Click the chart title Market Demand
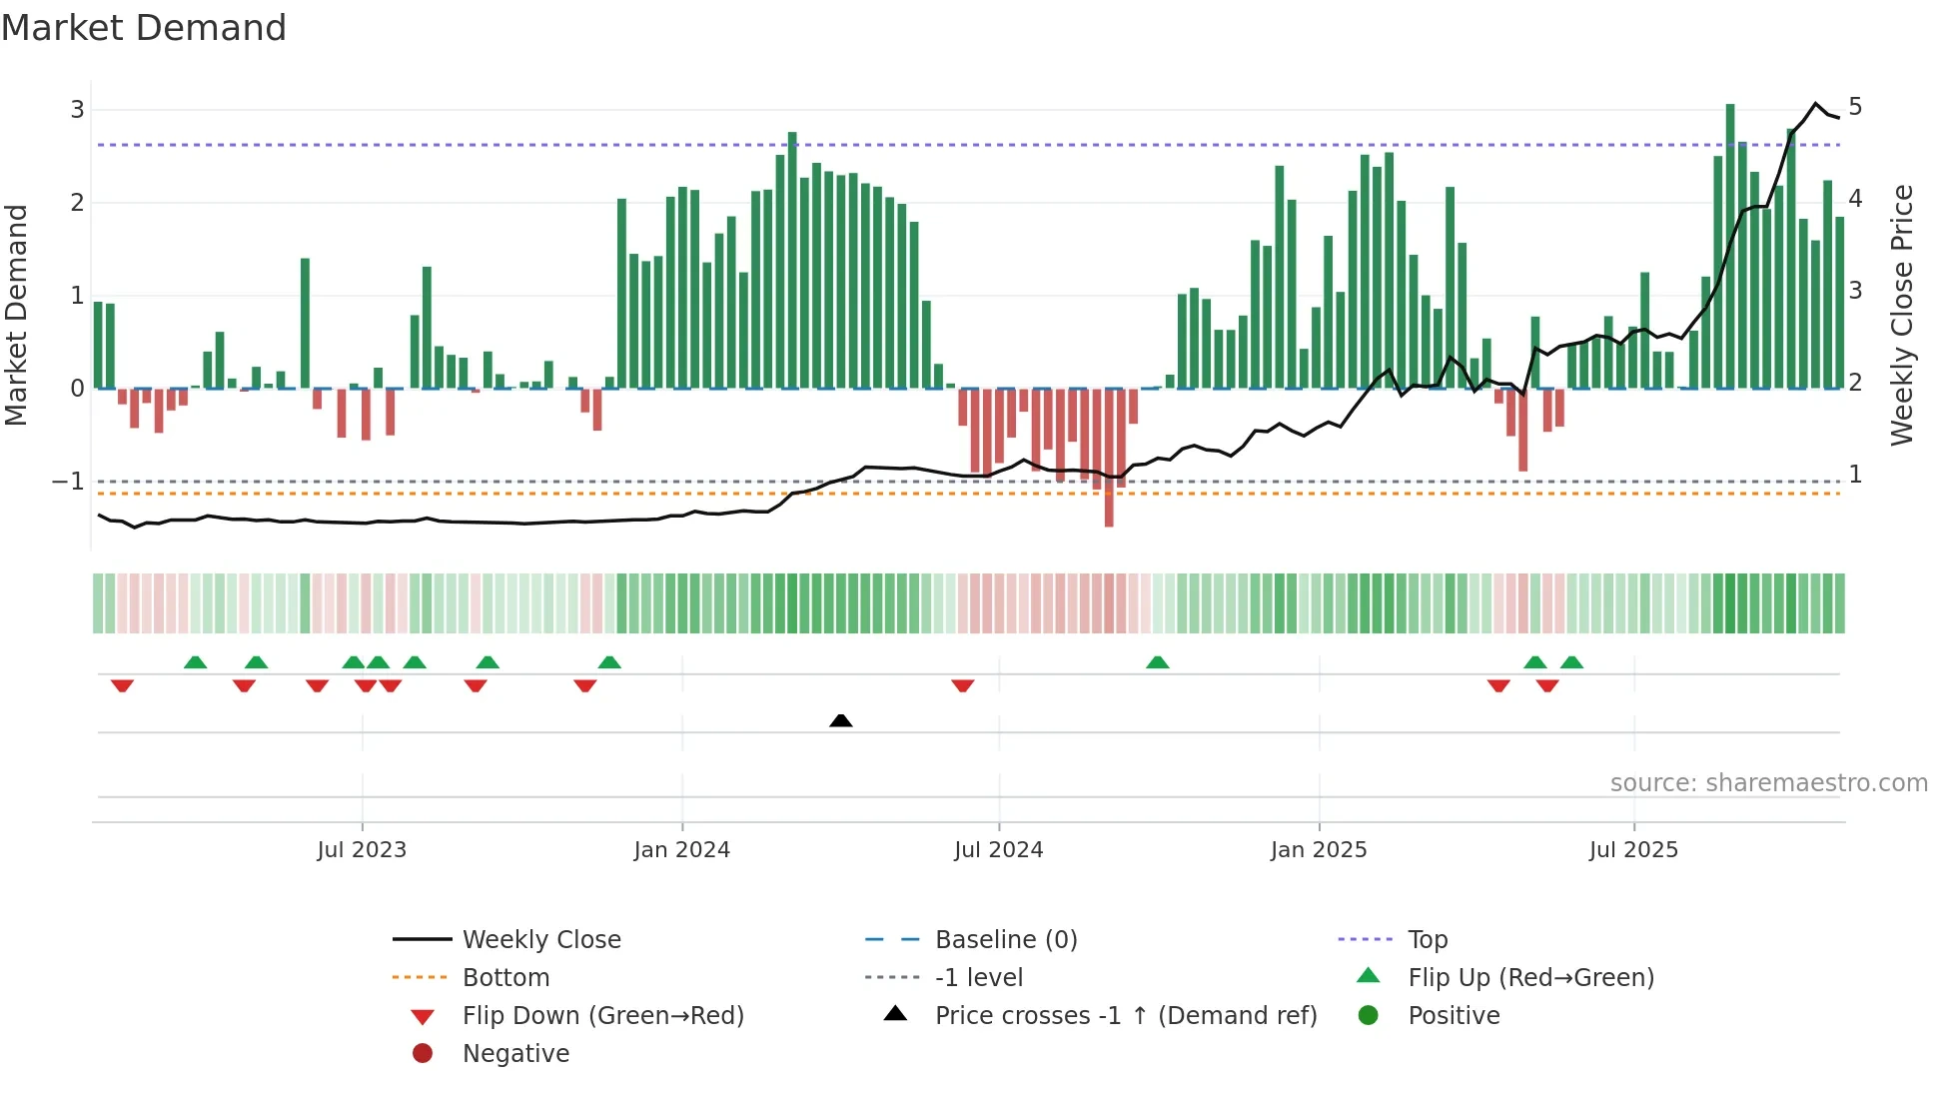(144, 28)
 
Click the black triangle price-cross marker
(841, 720)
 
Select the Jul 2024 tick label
(998, 850)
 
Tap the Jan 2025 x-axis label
(1319, 850)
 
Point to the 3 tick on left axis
(77, 110)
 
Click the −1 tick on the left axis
(69, 482)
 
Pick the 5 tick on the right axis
(1855, 107)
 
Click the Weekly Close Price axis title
(1902, 315)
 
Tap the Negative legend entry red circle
(423, 1054)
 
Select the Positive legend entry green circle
(1369, 1016)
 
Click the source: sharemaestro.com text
(1768, 783)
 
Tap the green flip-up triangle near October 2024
(1158, 662)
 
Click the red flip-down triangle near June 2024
(963, 685)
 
